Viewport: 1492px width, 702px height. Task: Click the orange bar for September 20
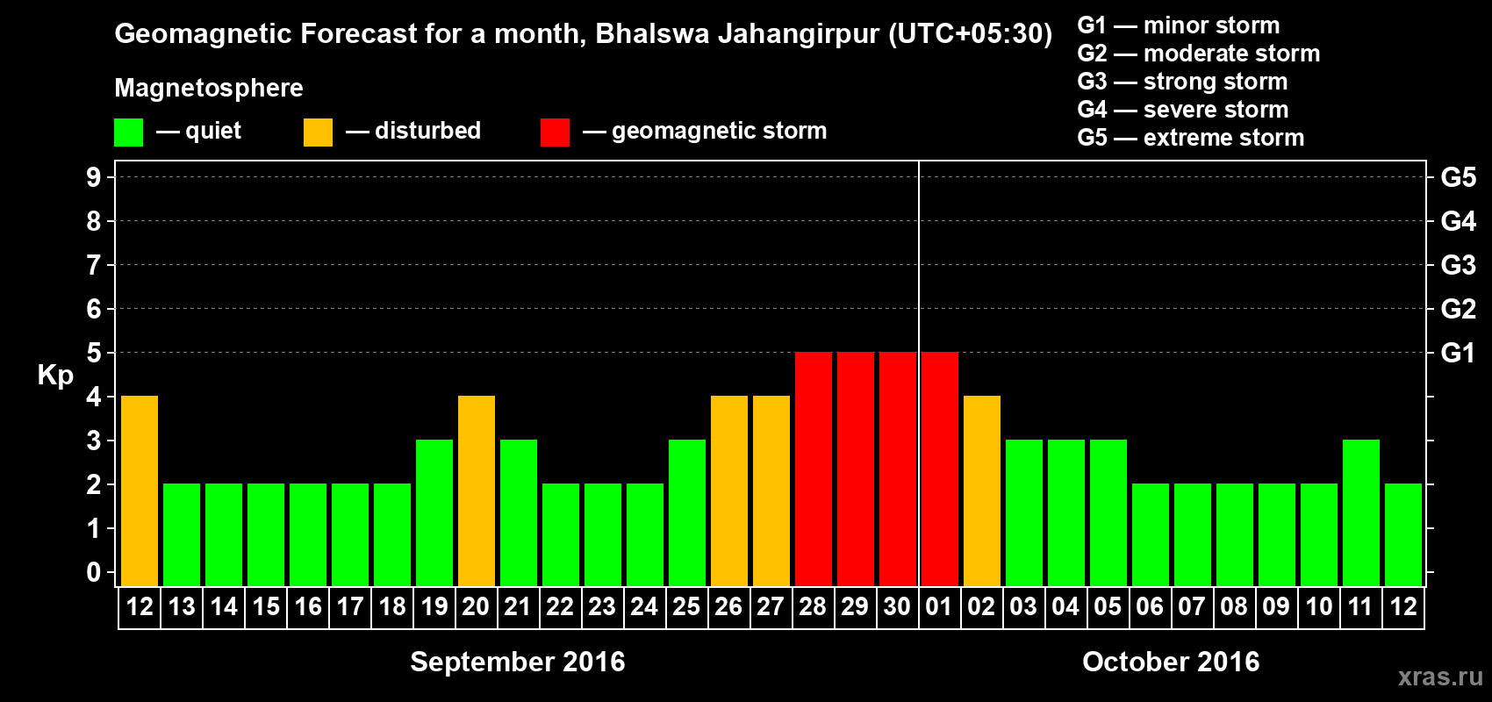coord(477,491)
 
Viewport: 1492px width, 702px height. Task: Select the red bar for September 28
coord(814,469)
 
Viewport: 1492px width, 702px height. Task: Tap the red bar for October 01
coord(940,469)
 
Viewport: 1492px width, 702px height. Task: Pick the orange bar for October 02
coord(982,491)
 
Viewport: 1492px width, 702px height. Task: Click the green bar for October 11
coord(1361,512)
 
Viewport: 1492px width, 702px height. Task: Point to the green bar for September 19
coord(434,512)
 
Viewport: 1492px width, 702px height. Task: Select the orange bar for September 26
coord(729,491)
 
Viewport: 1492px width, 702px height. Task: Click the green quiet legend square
coord(129,133)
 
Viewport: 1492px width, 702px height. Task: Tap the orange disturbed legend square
coord(318,133)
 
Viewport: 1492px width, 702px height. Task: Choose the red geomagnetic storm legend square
coord(555,133)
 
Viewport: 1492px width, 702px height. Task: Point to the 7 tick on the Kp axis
coord(94,265)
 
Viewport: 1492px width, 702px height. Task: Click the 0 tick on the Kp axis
coord(94,573)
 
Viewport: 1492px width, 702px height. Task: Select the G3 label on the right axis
coord(1458,265)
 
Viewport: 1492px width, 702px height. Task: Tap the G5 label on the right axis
coord(1458,177)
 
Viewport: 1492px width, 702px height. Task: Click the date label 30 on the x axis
coord(897,606)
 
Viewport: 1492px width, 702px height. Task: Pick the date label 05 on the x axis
coord(1108,606)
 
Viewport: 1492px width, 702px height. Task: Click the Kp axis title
coord(55,375)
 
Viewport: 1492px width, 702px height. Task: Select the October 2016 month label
coord(1171,662)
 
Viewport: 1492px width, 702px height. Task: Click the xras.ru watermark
coord(1440,677)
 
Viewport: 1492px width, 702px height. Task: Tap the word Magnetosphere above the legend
coord(209,88)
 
